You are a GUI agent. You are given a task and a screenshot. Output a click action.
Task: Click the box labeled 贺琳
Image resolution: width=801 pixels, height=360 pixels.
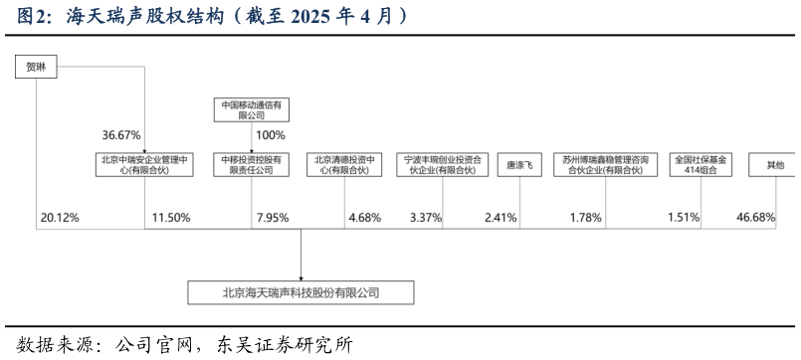click(x=36, y=67)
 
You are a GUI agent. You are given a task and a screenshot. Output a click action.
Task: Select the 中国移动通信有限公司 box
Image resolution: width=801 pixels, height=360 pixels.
click(x=252, y=109)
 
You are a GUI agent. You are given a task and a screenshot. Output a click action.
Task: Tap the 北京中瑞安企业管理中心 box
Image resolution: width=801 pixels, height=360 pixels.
click(x=144, y=164)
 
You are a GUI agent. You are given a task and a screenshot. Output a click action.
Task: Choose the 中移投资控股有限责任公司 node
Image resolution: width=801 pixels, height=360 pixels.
click(x=252, y=164)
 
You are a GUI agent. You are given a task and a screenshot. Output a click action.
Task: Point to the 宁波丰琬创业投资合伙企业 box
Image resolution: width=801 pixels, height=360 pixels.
click(x=442, y=164)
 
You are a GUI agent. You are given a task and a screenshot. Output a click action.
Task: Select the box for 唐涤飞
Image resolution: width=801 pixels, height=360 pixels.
click(x=519, y=165)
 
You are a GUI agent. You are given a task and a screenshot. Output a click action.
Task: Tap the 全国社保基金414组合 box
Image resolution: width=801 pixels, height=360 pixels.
click(x=701, y=164)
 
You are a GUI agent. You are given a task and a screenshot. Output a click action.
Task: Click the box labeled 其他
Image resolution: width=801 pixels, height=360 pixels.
click(x=774, y=165)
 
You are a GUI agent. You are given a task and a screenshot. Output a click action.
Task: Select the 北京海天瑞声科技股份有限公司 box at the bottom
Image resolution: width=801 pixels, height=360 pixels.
click(x=300, y=292)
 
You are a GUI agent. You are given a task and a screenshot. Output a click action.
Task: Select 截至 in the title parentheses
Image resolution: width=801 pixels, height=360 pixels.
click(x=261, y=17)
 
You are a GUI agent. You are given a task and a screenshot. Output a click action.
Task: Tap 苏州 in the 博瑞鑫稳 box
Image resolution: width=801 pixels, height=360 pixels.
click(x=570, y=158)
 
